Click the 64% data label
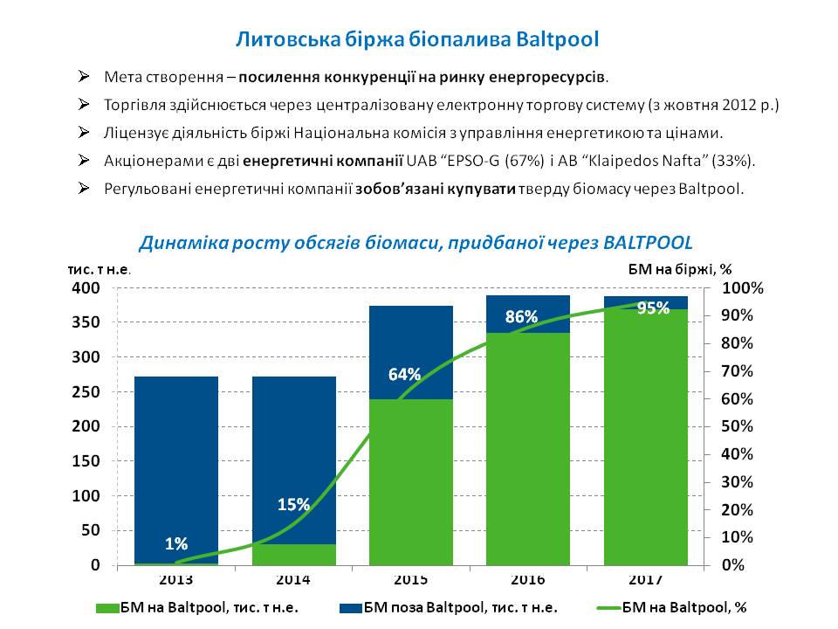tap(405, 375)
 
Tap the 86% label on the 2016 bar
tap(521, 317)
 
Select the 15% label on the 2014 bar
tap(293, 504)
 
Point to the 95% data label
tap(653, 308)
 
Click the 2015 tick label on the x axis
tap(411, 580)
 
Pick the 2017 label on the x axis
tap(646, 580)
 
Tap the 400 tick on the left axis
tap(91, 287)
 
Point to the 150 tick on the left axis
tap(91, 461)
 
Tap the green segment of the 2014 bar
tap(293, 555)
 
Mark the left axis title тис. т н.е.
tap(100, 269)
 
